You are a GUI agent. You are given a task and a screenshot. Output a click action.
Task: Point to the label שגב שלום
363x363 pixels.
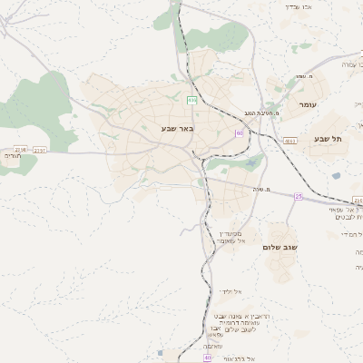coord(280,247)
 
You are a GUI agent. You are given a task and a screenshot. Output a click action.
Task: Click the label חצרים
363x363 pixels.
coord(12,156)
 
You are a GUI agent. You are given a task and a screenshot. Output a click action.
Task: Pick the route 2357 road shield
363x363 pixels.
coord(39,150)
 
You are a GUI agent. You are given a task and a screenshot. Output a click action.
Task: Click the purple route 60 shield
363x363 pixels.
coord(240,132)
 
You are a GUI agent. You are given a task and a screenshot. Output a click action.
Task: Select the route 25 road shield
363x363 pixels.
coord(299,196)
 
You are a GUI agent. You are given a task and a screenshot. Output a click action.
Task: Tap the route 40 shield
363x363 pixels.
coord(208,358)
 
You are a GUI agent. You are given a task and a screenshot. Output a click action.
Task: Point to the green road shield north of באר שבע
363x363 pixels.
coord(191,99)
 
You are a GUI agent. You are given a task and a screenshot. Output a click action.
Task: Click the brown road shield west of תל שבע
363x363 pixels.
coord(289,141)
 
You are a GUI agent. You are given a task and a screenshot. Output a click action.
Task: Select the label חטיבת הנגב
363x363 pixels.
coord(259,112)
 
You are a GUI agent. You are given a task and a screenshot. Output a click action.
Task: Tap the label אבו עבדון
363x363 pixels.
coord(299,6)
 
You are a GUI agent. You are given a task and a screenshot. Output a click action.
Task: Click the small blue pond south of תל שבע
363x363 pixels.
coord(336,175)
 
